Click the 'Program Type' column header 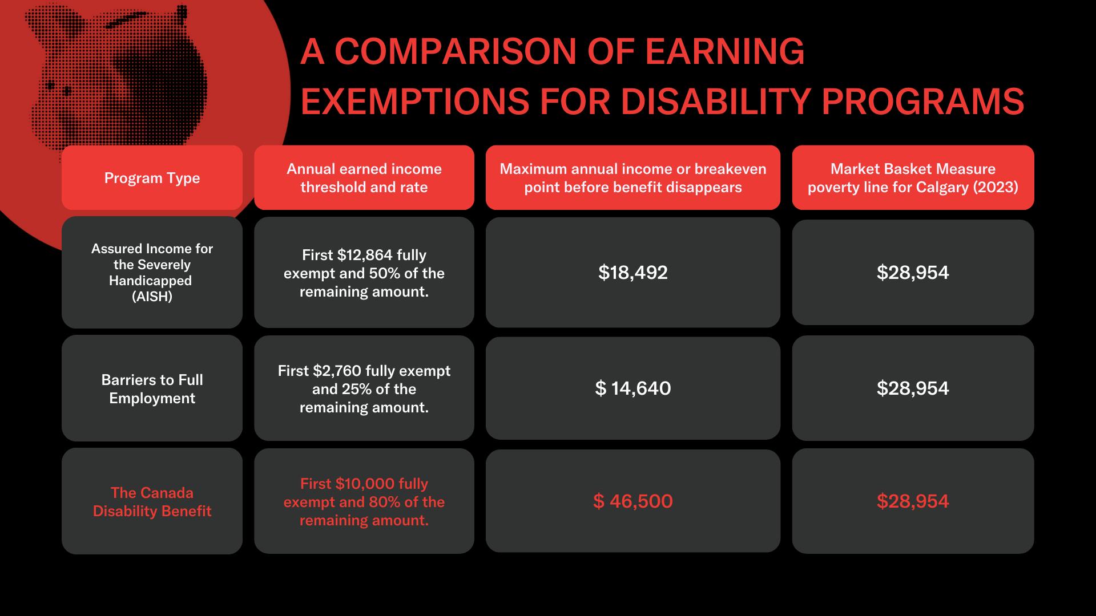click(x=152, y=178)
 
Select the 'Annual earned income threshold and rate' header click(x=364, y=178)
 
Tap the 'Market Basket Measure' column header click(x=913, y=178)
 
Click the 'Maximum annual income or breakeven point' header click(x=633, y=178)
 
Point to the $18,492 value click(x=633, y=273)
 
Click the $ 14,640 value click(x=633, y=388)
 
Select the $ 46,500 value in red click(x=633, y=501)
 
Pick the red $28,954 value click(x=913, y=501)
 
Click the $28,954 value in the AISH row click(x=913, y=273)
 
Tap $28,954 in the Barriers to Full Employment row click(x=913, y=388)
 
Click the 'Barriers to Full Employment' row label click(x=152, y=389)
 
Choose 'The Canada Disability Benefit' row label click(x=152, y=502)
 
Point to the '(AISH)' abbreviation click(x=152, y=297)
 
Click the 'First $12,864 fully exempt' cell click(x=364, y=273)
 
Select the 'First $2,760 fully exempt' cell click(x=364, y=389)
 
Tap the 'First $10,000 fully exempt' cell click(x=364, y=502)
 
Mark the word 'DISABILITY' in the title click(x=716, y=102)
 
